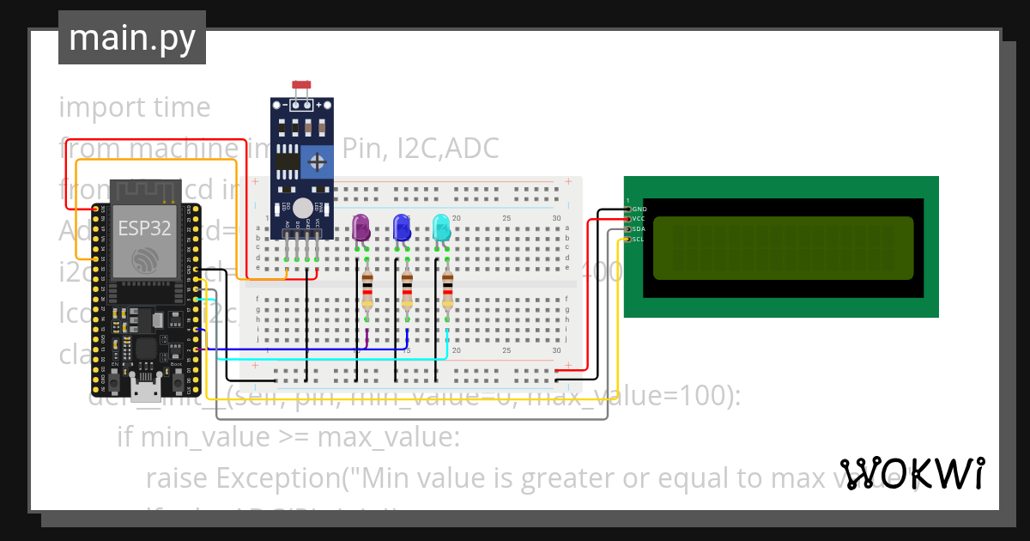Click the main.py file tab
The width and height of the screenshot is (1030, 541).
pyautogui.click(x=131, y=38)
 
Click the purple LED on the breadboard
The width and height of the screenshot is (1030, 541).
pyautogui.click(x=360, y=228)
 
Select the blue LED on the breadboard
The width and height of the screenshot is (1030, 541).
pyautogui.click(x=401, y=228)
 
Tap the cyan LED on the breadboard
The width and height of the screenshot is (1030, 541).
pyautogui.click(x=440, y=228)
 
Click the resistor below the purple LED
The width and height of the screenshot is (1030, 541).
pyautogui.click(x=367, y=289)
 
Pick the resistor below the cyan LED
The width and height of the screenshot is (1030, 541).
pyautogui.click(x=446, y=289)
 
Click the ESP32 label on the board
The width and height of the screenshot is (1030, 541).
pyautogui.click(x=143, y=228)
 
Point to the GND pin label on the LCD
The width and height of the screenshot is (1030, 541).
pyautogui.click(x=639, y=210)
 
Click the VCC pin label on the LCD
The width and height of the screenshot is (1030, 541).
pyautogui.click(x=639, y=219)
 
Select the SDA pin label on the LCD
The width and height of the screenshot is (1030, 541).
pyautogui.click(x=639, y=229)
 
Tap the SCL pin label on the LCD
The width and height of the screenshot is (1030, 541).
pyautogui.click(x=639, y=240)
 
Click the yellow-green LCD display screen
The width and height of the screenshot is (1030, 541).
pyautogui.click(x=783, y=249)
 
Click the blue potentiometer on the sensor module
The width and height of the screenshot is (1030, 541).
pyautogui.click(x=317, y=161)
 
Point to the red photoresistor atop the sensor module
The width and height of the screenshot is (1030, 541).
pyautogui.click(x=301, y=85)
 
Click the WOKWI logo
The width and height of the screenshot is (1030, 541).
pyautogui.click(x=912, y=473)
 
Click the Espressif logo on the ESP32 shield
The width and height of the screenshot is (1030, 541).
pyautogui.click(x=143, y=260)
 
